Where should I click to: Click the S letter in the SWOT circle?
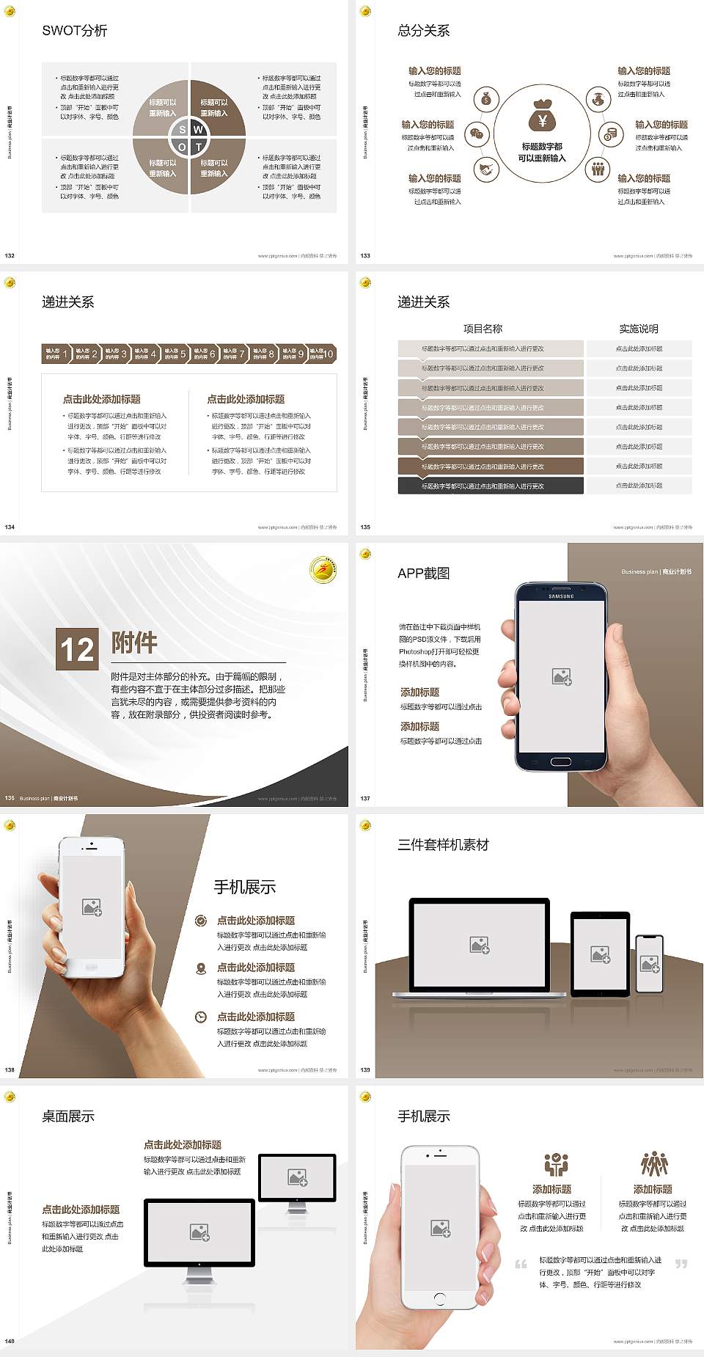point(183,130)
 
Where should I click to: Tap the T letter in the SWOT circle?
point(198,147)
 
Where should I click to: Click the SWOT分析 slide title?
point(75,31)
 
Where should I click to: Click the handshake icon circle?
point(485,169)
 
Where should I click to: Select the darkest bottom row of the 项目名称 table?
point(491,486)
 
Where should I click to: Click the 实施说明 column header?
point(639,329)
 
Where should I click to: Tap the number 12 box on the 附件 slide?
point(77,649)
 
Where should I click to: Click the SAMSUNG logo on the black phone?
point(561,596)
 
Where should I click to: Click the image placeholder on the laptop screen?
point(480,945)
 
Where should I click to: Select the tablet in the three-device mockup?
point(601,954)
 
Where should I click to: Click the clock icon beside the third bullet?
point(201,1017)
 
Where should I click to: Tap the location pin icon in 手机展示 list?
point(201,968)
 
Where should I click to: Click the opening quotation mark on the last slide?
point(521,1264)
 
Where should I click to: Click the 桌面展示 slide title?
point(68,1116)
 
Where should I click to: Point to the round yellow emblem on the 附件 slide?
point(323,570)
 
